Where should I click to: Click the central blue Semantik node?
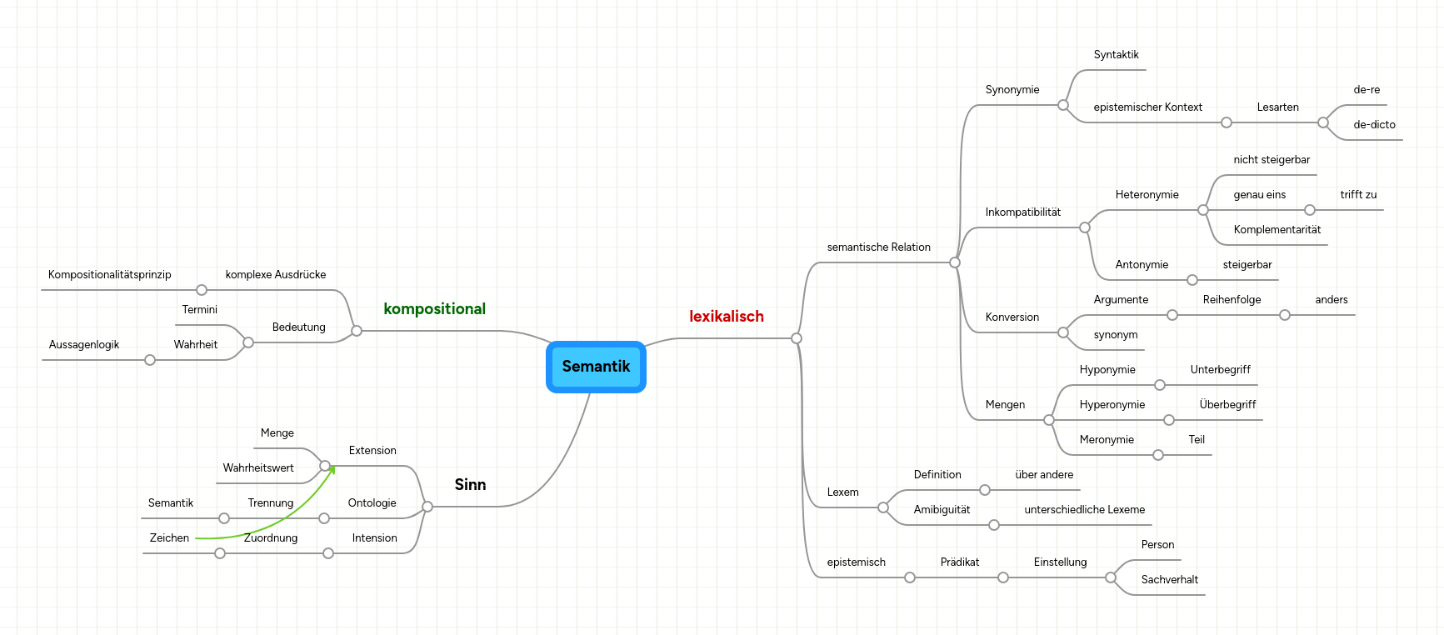(596, 367)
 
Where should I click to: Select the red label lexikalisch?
(726, 317)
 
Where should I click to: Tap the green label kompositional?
(434, 309)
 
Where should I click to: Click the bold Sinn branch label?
(470, 485)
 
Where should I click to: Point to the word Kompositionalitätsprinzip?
(109, 275)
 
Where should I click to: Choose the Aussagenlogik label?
(83, 345)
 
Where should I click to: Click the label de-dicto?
(1374, 125)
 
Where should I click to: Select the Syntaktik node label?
(1116, 55)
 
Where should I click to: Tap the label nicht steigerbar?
(1272, 160)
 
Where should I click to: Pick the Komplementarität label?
(1277, 230)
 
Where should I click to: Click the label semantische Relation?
(878, 247)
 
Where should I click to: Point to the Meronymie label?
(1107, 440)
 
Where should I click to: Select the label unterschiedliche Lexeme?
(1084, 510)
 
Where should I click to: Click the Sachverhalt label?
(1169, 580)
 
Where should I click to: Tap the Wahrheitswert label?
(258, 468)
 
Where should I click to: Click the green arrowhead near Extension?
(332, 470)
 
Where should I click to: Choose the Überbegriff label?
(1227, 405)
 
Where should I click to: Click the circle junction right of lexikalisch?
(797, 338)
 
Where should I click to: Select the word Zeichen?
(169, 538)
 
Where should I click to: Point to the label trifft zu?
(1358, 195)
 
